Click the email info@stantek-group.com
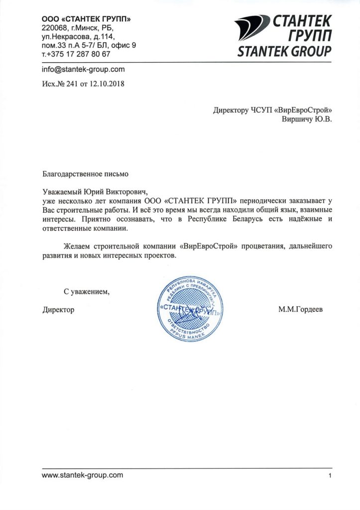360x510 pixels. click(83, 69)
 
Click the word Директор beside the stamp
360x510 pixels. click(58, 310)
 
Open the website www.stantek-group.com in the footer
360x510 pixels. click(82, 475)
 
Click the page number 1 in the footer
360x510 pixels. click(330, 477)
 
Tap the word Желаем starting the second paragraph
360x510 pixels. click(78, 246)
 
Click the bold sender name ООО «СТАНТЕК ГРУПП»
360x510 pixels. click(86, 19)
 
